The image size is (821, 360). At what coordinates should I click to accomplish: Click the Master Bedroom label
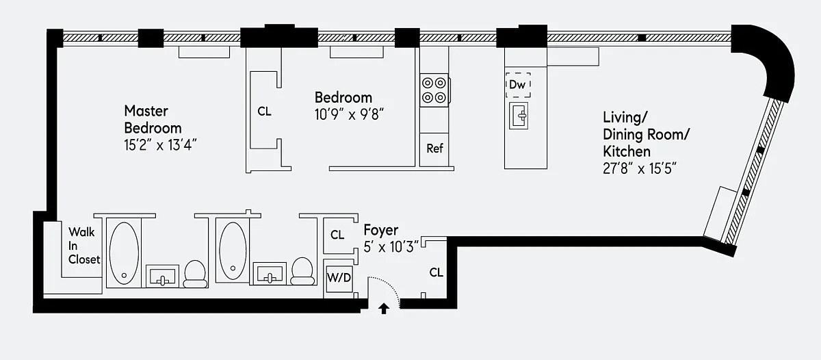153,119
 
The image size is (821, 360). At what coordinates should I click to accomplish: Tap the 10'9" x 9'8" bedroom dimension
349,115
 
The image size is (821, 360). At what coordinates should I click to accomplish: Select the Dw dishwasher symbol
518,85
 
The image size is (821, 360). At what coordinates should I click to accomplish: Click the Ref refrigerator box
434,149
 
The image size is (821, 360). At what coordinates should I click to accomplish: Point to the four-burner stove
434,90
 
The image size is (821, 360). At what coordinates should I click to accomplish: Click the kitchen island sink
519,116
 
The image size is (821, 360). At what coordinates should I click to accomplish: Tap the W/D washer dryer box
339,278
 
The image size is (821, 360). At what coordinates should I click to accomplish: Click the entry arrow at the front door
384,309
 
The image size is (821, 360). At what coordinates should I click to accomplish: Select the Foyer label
381,230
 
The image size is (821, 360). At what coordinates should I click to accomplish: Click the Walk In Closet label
84,246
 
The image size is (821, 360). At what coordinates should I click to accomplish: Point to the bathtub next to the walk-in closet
124,253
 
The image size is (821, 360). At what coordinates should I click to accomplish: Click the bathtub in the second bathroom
233,250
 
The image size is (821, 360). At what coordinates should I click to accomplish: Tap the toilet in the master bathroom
195,274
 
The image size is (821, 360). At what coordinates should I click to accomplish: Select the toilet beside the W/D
302,271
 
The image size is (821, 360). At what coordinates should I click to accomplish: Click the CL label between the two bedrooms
264,112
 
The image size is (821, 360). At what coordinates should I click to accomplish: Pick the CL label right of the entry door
436,272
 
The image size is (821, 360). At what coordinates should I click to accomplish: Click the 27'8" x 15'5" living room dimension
639,168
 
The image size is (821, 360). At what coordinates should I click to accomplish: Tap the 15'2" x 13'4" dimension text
160,145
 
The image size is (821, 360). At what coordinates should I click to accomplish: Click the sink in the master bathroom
162,276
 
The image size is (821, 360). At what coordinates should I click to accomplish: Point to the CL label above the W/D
337,235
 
